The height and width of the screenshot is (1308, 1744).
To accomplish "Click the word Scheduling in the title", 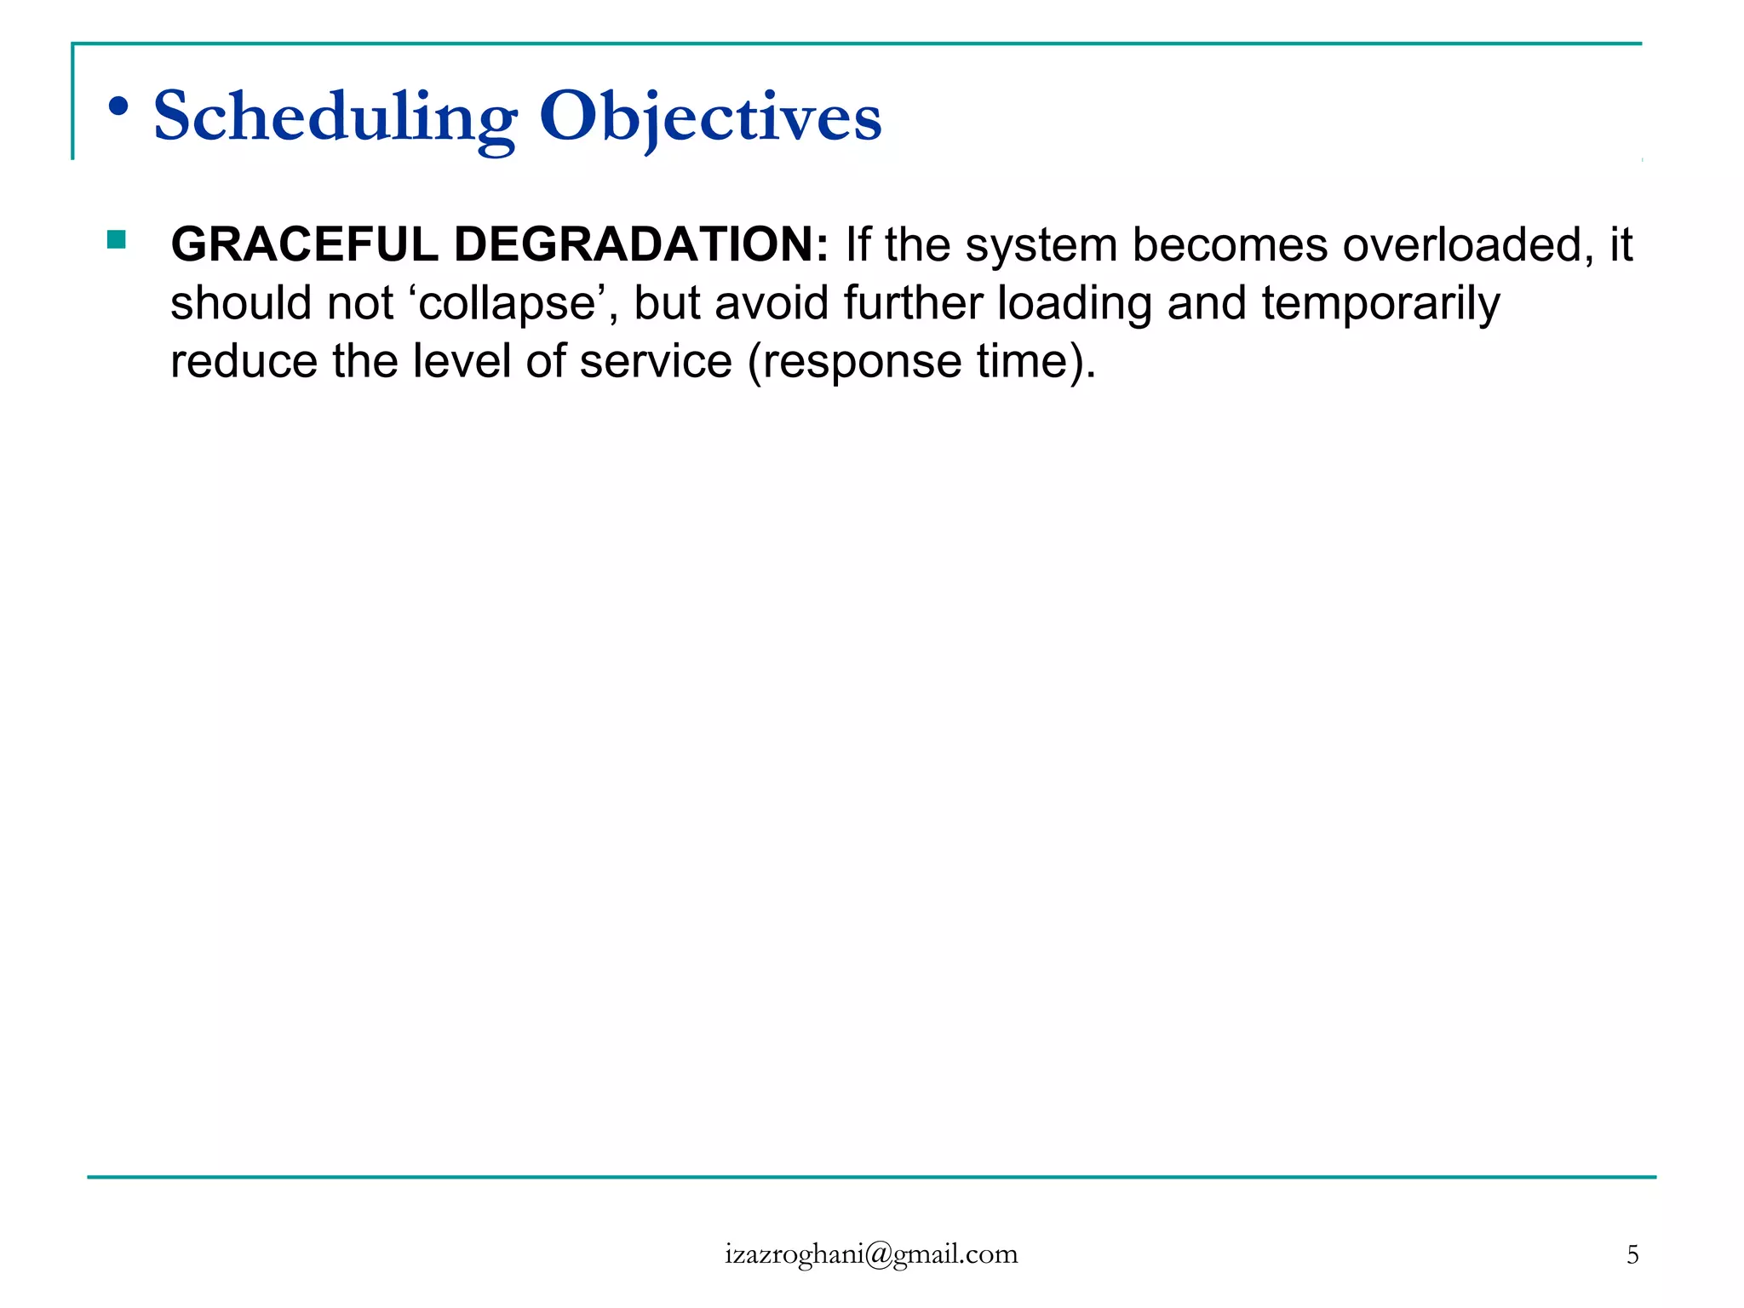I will [x=335, y=117].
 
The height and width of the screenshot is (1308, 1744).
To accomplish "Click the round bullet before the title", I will [x=119, y=107].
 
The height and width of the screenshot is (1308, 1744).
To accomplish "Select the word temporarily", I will [x=1380, y=303].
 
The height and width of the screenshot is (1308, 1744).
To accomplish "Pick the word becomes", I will [x=1230, y=244].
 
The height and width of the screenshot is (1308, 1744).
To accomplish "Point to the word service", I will [x=655, y=361].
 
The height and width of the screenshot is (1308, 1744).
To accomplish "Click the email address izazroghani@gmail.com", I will [x=871, y=1254].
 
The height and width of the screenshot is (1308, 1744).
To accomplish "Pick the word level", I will [x=461, y=361].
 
